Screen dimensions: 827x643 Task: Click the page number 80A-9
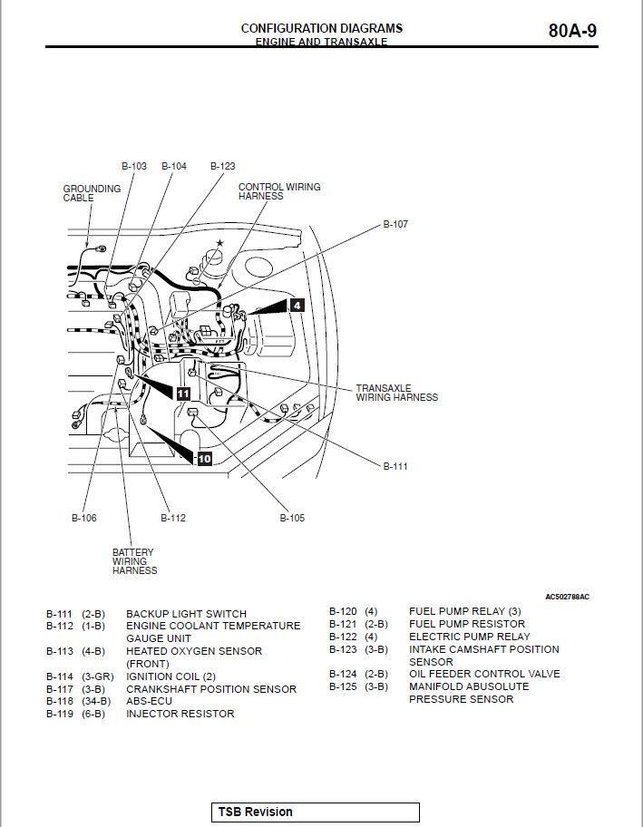coord(572,31)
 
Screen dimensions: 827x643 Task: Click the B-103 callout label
coord(133,166)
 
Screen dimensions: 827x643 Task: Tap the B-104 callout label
coord(174,166)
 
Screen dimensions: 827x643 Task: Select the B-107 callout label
coord(395,224)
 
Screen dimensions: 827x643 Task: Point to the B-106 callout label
coord(83,518)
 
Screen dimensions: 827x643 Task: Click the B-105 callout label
coord(292,518)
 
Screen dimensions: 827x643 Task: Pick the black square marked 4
coord(297,306)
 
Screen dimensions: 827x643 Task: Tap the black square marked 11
coord(183,394)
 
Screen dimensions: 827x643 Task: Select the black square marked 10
coord(204,459)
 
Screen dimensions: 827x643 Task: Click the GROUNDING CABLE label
coord(91,193)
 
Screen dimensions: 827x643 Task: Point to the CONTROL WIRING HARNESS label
coord(278,191)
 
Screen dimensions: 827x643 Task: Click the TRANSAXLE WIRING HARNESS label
coord(396,393)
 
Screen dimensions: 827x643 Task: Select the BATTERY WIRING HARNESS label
coord(133,561)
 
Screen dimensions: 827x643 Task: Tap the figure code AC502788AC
coord(567,597)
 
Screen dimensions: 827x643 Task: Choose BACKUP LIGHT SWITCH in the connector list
coord(186,614)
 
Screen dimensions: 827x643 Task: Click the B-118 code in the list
coord(60,701)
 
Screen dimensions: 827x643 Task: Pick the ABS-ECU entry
coord(149,701)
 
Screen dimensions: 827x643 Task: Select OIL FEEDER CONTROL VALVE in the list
coord(484,674)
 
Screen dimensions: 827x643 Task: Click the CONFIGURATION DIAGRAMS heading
coord(321,28)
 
